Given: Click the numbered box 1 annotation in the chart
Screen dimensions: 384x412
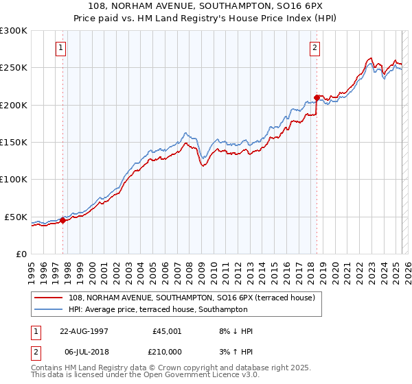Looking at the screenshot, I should (62, 48).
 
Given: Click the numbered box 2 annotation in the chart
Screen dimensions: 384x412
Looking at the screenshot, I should (314, 48).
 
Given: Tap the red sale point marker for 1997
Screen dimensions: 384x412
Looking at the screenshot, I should (62, 220).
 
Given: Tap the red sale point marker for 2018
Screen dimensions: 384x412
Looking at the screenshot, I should (317, 97).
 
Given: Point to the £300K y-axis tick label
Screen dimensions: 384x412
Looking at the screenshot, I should (14, 31).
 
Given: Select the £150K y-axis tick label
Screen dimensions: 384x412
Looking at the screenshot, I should (14, 142).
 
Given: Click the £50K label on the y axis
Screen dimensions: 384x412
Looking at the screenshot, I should (16, 217).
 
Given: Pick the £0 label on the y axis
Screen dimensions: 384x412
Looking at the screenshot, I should (21, 254).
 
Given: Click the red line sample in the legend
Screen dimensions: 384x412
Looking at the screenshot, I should (48, 298).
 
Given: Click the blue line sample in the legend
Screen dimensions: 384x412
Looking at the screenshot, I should (48, 310).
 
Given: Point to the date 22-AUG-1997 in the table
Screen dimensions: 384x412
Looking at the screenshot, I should (84, 331).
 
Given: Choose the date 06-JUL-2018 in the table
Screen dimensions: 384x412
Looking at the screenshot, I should (84, 351).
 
